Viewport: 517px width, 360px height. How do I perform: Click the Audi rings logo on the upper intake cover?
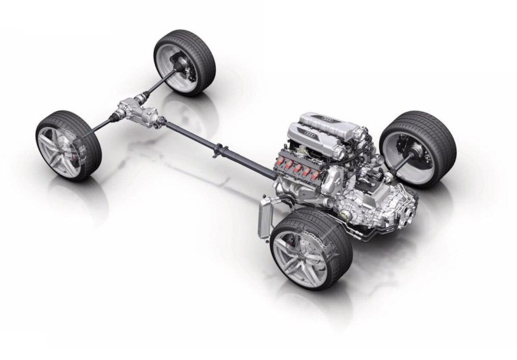328,118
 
